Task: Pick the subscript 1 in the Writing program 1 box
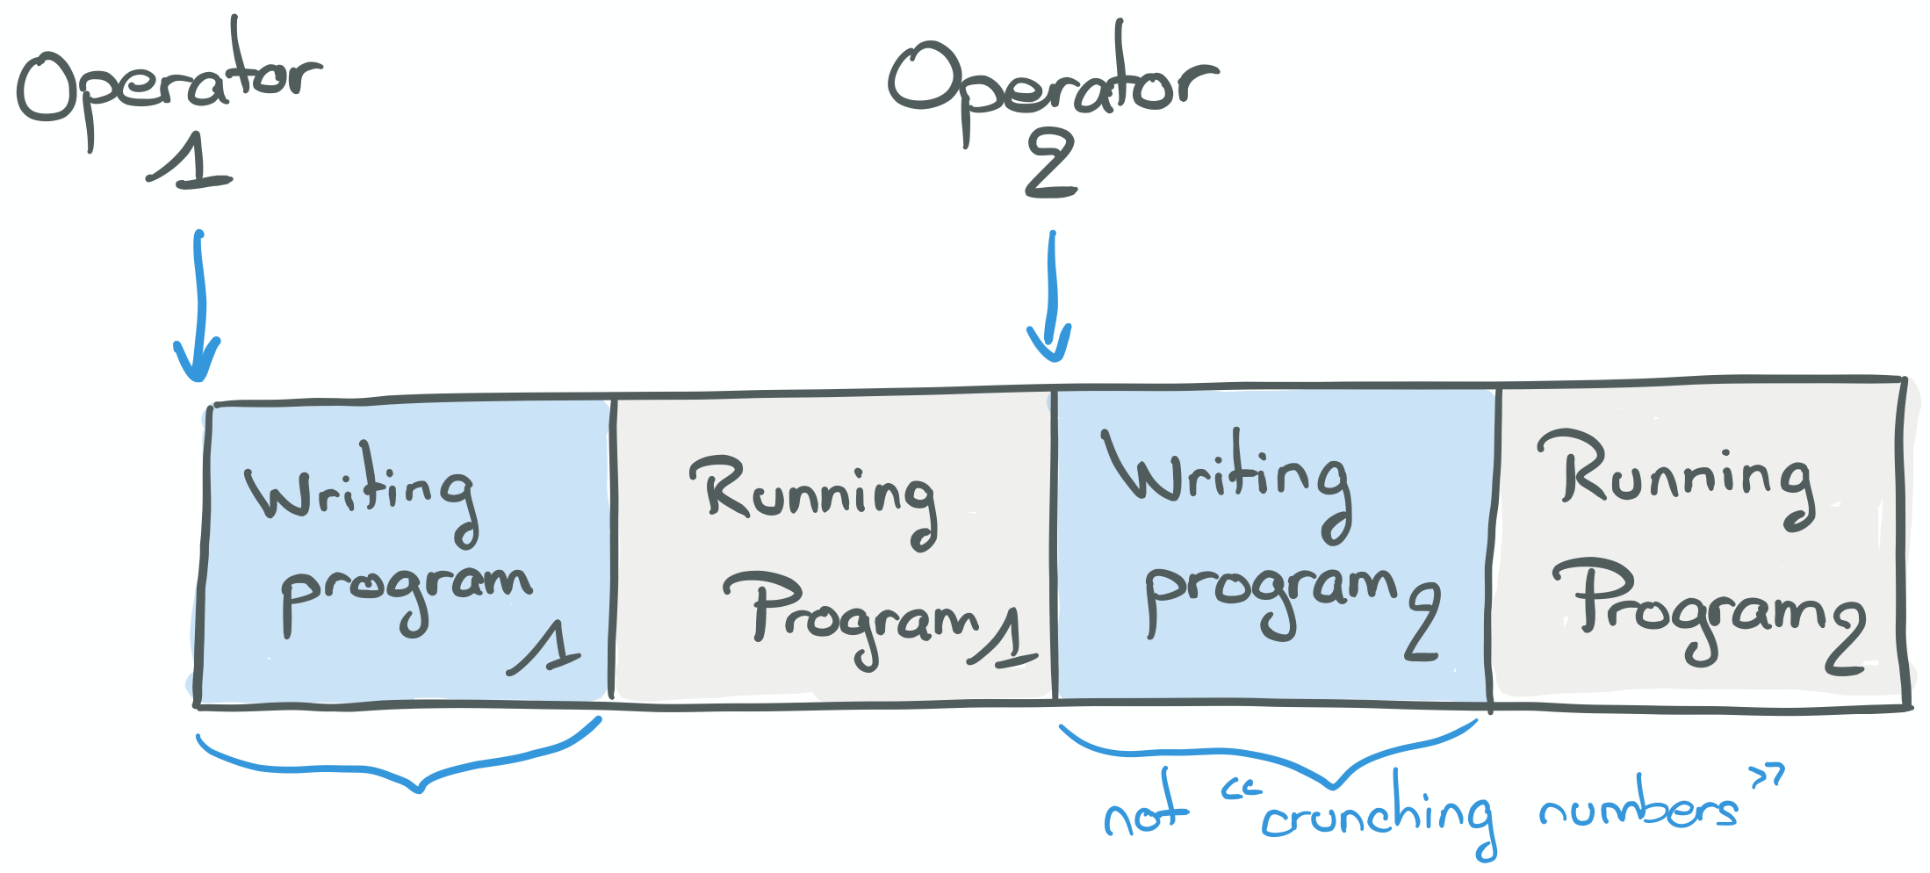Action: [548, 650]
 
